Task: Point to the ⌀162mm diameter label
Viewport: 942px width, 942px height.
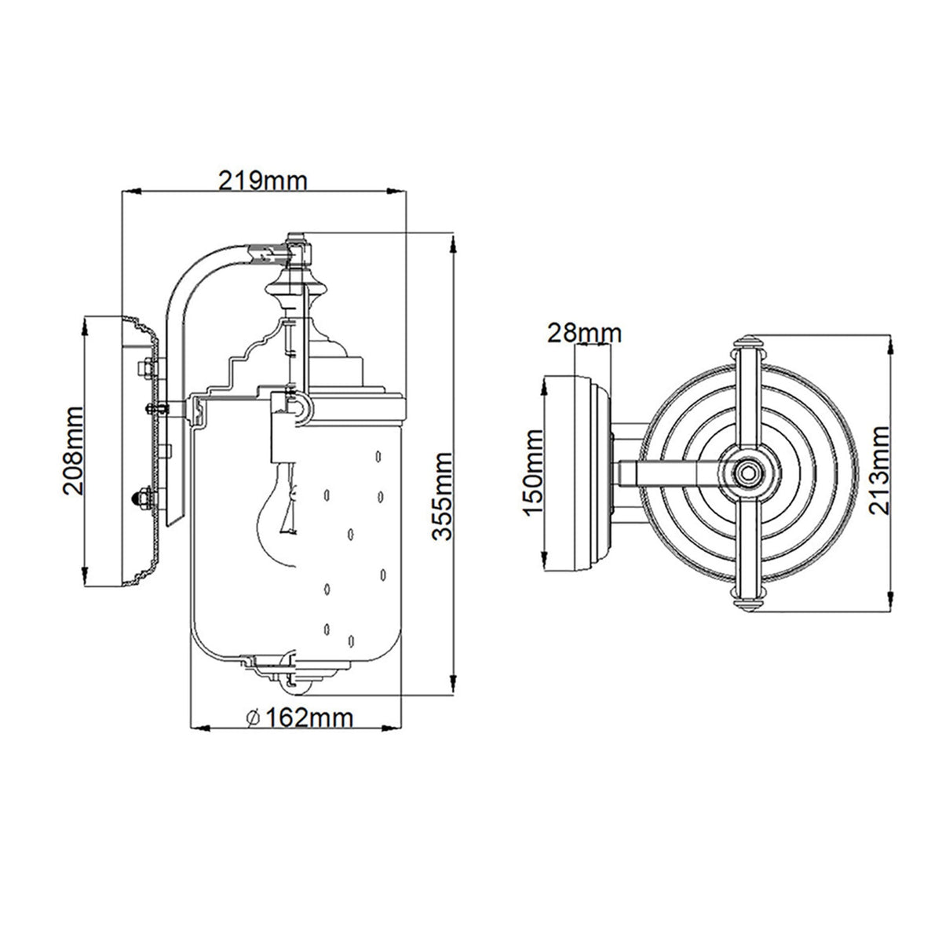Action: click(x=298, y=717)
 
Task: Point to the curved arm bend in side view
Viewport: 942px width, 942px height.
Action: click(x=188, y=271)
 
